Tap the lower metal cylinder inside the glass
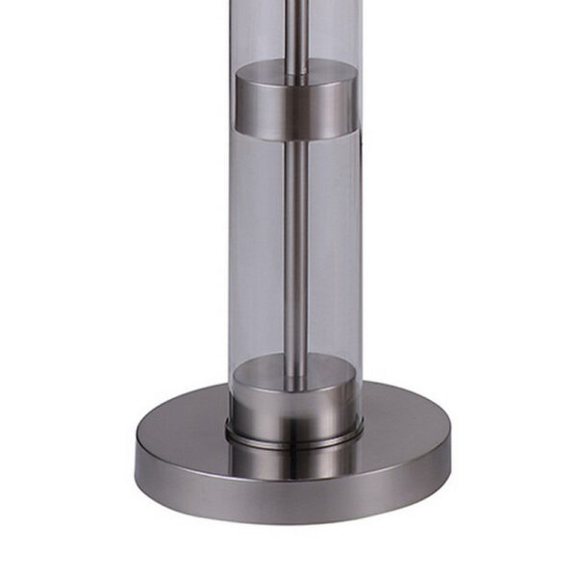pyautogui.click(x=295, y=397)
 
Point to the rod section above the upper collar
pyautogui.click(x=296, y=34)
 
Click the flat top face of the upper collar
pyautogui.click(x=295, y=71)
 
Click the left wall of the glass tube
pyautogui.click(x=232, y=240)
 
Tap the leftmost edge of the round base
pyautogui.click(x=137, y=452)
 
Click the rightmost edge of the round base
pyautogui.click(x=451, y=452)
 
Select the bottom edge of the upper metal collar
pyautogui.click(x=295, y=136)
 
